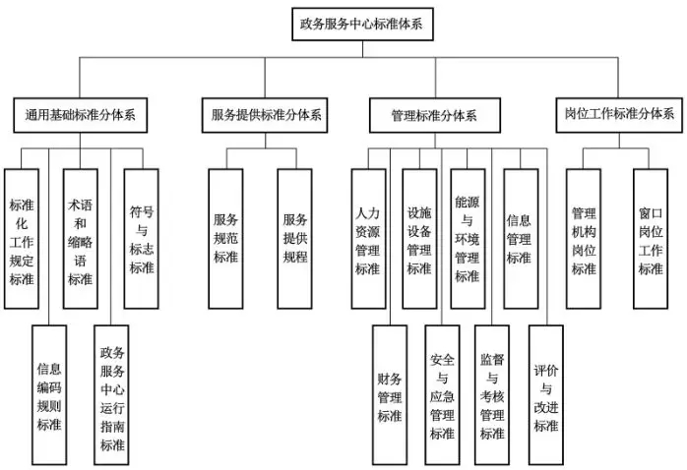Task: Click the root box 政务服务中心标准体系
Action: (x=362, y=24)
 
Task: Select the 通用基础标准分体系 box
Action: (x=80, y=115)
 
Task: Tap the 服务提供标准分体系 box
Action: (x=265, y=115)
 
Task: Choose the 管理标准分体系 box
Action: (x=435, y=115)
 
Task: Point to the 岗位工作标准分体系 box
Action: (x=619, y=115)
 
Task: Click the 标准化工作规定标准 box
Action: (x=22, y=239)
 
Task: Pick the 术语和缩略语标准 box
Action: (x=80, y=239)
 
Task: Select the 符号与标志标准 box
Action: (x=141, y=239)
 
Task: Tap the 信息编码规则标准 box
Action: (x=49, y=394)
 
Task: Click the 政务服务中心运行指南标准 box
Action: (x=111, y=394)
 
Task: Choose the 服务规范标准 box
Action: (x=225, y=239)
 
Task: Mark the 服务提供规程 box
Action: (x=294, y=239)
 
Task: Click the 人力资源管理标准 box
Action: (x=368, y=239)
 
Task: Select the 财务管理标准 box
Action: (x=390, y=394)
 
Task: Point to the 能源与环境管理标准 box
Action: (x=468, y=239)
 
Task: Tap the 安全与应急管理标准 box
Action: (x=442, y=394)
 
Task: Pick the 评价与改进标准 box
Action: (x=546, y=394)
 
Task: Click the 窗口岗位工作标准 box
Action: (x=651, y=239)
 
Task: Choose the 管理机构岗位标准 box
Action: (x=584, y=239)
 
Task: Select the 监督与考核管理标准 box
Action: (x=492, y=394)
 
